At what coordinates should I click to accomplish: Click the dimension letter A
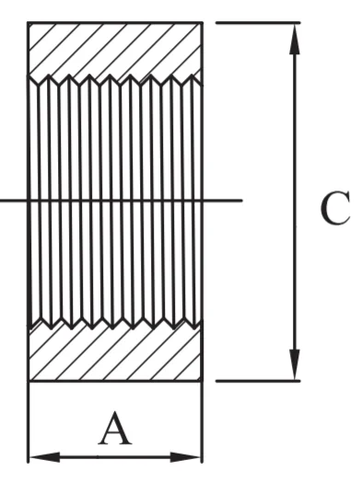coord(115,429)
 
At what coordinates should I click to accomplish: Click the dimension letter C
coord(335,208)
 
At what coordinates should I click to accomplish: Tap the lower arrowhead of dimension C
coord(295,364)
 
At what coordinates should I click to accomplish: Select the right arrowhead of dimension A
coord(186,457)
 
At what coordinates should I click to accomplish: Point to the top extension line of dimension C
coord(258,22)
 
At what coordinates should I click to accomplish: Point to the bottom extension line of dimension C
coord(258,381)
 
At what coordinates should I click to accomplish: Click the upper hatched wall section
coord(115,50)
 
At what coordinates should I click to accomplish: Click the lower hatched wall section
coord(115,354)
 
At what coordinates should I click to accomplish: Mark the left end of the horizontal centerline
coord(1,201)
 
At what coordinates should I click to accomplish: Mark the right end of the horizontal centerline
coord(242,201)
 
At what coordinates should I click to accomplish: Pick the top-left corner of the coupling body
coord(28,22)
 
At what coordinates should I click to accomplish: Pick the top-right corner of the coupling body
coord(203,22)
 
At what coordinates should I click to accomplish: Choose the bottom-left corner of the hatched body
coord(29,381)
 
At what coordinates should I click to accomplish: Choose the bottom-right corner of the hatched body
coord(203,381)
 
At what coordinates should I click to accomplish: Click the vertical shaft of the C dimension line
coord(295,201)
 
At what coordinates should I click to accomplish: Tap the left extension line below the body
coord(29,422)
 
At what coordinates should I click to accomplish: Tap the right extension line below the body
coord(203,422)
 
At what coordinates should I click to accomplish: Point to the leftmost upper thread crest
coord(49,75)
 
